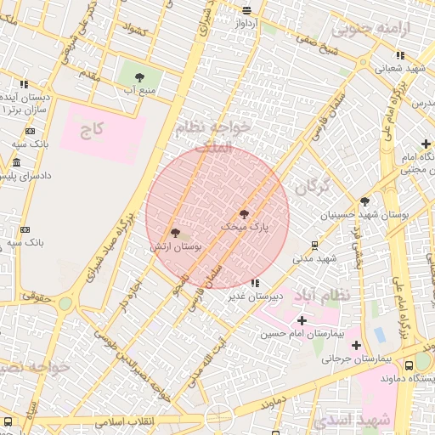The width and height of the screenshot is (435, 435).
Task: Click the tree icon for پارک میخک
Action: (x=245, y=214)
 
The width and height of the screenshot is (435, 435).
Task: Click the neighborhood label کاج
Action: (x=91, y=130)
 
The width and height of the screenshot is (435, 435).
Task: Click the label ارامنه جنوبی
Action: (x=370, y=29)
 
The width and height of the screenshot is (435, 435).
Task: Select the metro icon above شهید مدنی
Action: (x=314, y=246)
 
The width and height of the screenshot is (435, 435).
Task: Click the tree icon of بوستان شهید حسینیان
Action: (x=364, y=201)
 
